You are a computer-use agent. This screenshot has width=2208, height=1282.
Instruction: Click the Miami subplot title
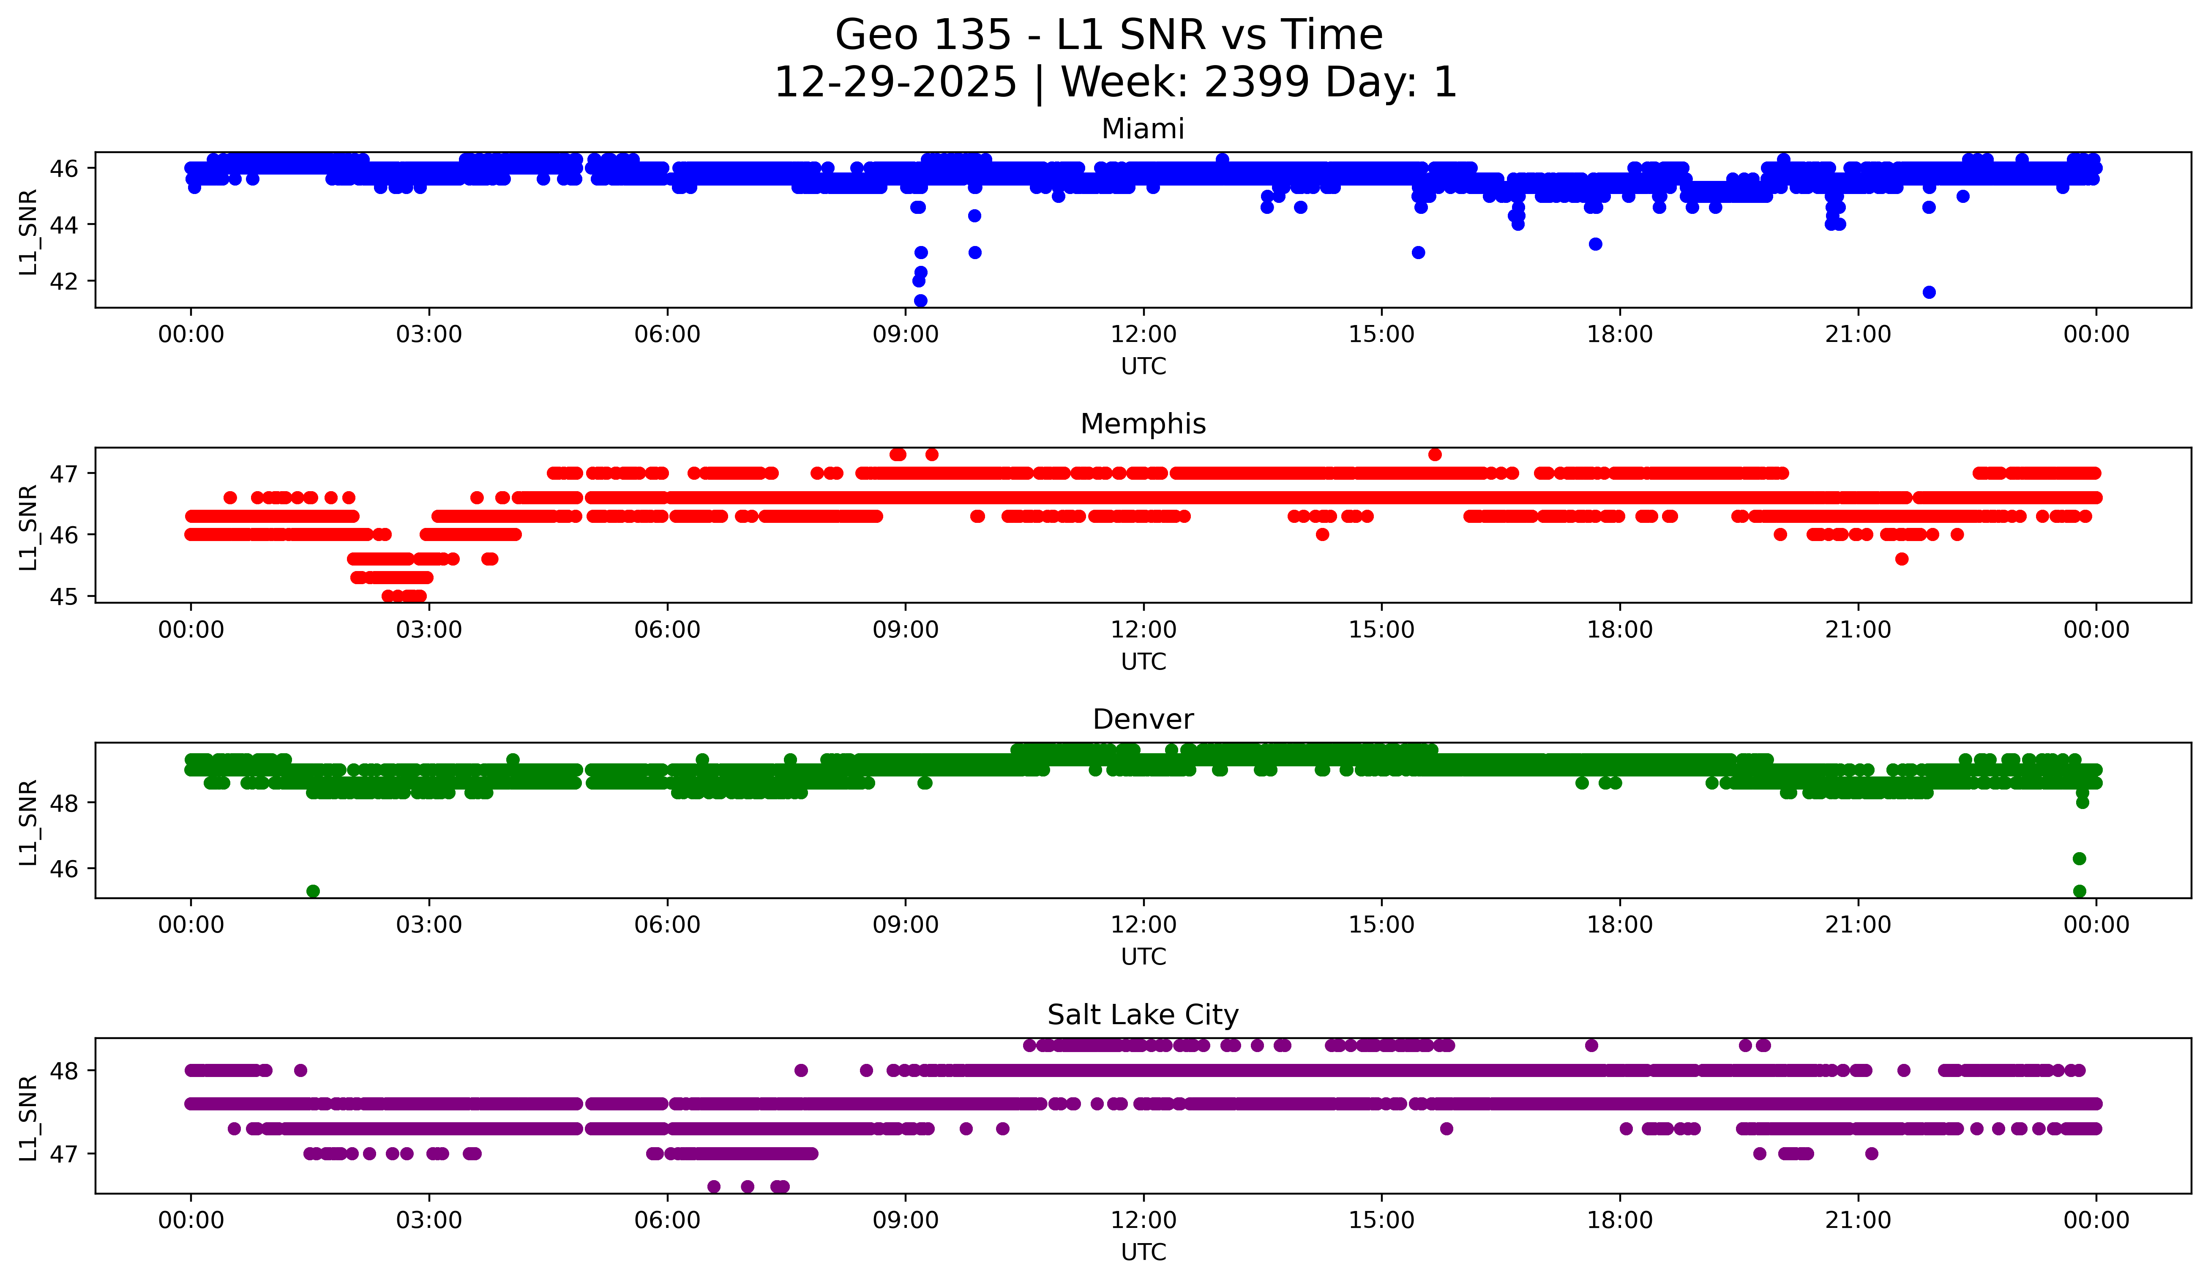pyautogui.click(x=1143, y=129)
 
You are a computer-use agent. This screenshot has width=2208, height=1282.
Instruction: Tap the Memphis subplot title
pyautogui.click(x=1143, y=424)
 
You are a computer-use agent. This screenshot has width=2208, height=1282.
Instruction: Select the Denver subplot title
pyautogui.click(x=1143, y=719)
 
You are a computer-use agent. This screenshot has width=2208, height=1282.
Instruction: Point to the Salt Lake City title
pyautogui.click(x=1143, y=1015)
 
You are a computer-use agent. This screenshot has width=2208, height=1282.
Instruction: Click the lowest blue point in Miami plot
pyautogui.click(x=920, y=301)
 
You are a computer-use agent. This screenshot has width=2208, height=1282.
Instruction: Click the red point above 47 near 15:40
pyautogui.click(x=1434, y=454)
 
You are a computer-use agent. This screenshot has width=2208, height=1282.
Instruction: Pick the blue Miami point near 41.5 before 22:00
pyautogui.click(x=1929, y=292)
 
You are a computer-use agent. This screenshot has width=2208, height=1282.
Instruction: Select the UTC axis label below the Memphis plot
pyautogui.click(x=1143, y=662)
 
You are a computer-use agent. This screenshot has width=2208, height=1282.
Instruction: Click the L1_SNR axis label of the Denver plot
pyautogui.click(x=28, y=822)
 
